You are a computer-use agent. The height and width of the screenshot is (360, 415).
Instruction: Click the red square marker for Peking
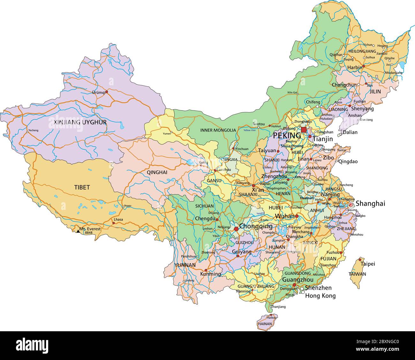pyautogui.click(x=304, y=130)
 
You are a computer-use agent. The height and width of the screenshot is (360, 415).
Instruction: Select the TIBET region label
pyautogui.click(x=82, y=188)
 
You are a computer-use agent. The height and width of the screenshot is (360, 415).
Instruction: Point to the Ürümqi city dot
pyautogui.click(x=107, y=92)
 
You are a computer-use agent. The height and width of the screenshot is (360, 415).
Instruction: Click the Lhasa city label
pyautogui.click(x=118, y=219)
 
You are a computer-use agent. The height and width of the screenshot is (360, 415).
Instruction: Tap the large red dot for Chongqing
pyautogui.click(x=236, y=229)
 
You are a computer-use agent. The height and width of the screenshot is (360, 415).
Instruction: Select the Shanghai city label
pyautogui.click(x=370, y=203)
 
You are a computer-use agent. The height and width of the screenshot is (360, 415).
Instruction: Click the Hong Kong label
pyautogui.click(x=320, y=296)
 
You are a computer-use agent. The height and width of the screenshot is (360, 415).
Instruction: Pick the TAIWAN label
pyautogui.click(x=357, y=274)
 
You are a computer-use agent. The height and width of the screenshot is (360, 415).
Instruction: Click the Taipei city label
pyautogui.click(x=368, y=264)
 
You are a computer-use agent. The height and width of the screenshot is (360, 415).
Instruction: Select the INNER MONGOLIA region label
pyautogui.click(x=218, y=130)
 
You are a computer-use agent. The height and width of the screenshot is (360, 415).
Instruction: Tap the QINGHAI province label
pyautogui.click(x=157, y=172)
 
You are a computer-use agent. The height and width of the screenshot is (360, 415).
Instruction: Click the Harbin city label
pyautogui.click(x=355, y=68)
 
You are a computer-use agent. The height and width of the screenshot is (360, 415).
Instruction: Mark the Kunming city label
pyautogui.click(x=210, y=274)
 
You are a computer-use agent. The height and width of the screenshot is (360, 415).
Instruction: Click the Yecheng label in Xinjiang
pyautogui.click(x=33, y=130)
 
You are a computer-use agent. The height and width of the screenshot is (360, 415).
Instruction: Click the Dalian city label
pyautogui.click(x=350, y=132)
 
